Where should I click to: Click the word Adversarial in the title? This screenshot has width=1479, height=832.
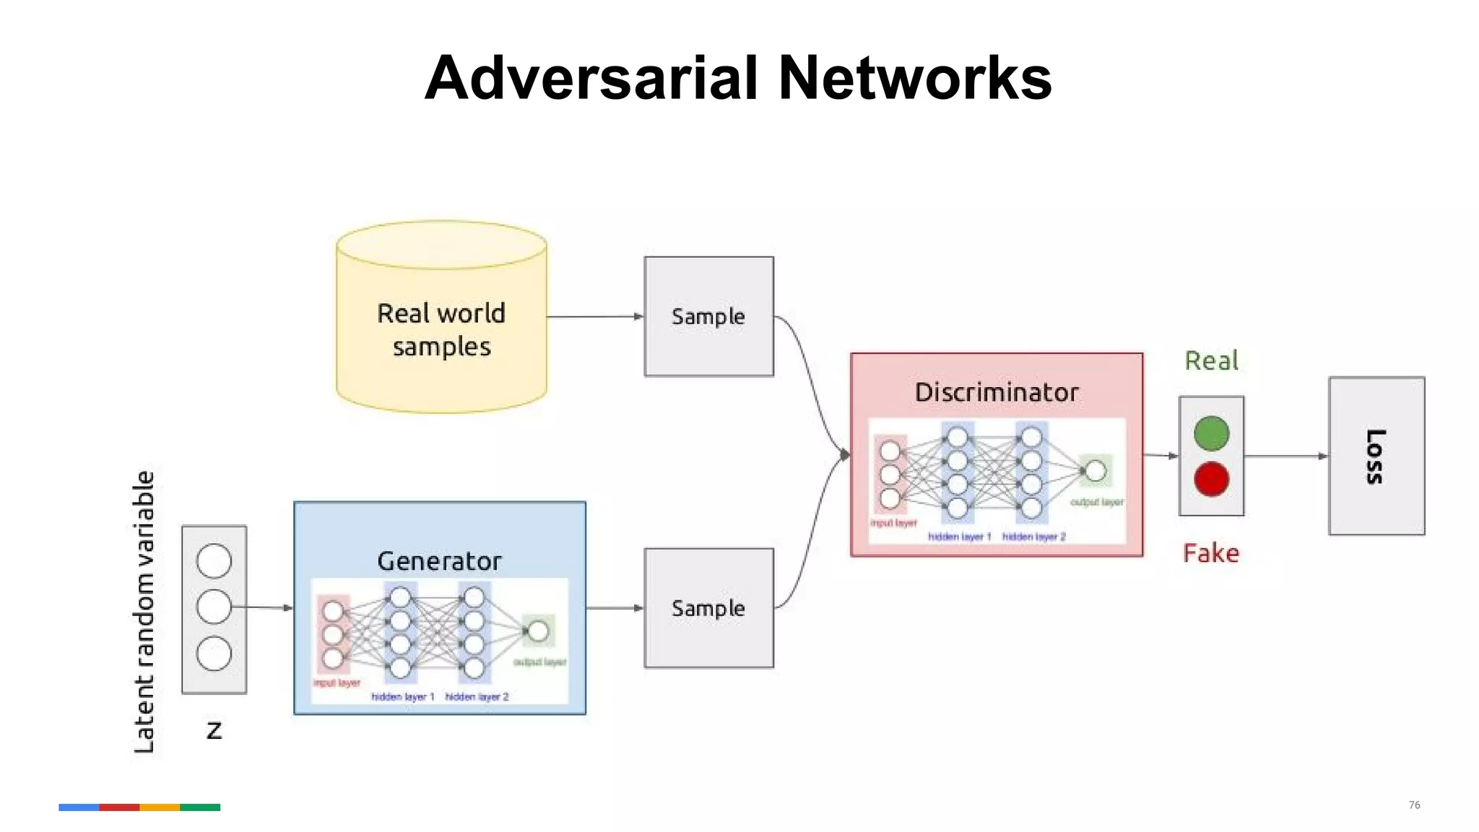[x=591, y=78]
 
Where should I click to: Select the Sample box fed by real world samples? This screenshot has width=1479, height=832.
[x=708, y=316]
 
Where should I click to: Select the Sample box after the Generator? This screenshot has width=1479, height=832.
[x=708, y=608]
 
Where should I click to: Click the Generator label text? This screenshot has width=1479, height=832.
[x=439, y=561]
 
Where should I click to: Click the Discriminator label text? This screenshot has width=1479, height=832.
[x=997, y=392]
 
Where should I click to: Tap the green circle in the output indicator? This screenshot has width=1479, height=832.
[x=1211, y=433]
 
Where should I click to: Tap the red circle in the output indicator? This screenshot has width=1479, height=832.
[x=1211, y=479]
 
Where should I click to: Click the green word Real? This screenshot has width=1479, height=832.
[x=1211, y=360]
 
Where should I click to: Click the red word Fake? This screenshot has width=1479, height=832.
[x=1211, y=553]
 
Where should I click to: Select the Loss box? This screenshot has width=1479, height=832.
[x=1376, y=456]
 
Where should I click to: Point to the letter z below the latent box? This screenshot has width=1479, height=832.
[x=214, y=730]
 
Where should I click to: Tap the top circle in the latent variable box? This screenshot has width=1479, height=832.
[x=214, y=561]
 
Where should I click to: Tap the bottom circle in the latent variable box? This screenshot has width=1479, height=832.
[x=214, y=654]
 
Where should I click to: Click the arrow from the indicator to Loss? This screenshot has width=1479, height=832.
[x=1285, y=456]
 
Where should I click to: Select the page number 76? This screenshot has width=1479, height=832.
[x=1414, y=805]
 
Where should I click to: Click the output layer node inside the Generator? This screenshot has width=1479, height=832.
[x=538, y=631]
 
